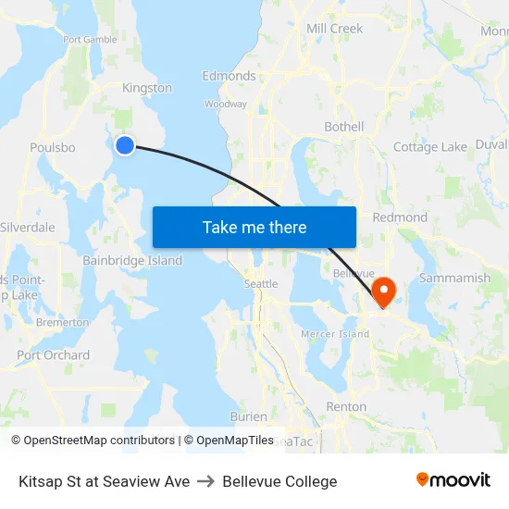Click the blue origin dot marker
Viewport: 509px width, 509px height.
[x=125, y=143]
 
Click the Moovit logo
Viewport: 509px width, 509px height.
[x=453, y=479]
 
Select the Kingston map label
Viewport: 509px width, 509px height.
[x=147, y=88]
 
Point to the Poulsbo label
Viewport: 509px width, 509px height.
[x=52, y=147]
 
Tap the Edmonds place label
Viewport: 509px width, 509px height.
[x=229, y=76]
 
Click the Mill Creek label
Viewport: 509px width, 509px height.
[x=334, y=29]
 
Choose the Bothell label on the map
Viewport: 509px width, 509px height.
[x=344, y=127]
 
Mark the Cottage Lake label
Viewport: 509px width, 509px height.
[x=429, y=147]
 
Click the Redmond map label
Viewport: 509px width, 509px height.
[x=400, y=217]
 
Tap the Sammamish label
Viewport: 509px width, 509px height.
[x=454, y=278]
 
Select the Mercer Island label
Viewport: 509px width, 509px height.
[x=335, y=334]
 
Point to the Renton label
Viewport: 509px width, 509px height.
[x=346, y=406]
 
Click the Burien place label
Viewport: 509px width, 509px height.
[x=248, y=416]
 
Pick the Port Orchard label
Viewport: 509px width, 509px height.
[x=54, y=355]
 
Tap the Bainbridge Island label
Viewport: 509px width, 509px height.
[x=132, y=261]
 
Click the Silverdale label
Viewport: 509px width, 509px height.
[x=28, y=228]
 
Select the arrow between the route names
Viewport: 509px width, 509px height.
[x=205, y=481]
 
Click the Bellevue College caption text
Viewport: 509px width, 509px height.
[x=279, y=481]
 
